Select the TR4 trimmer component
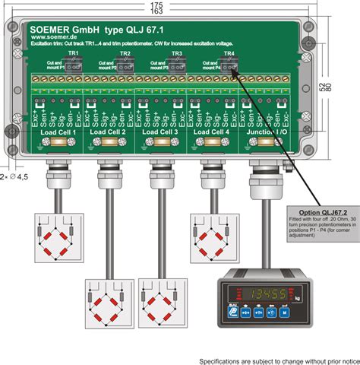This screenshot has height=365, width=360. pos(229,65)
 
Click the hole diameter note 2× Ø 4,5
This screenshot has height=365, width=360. pos(14,176)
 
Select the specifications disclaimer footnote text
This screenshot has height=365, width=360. pos(279,360)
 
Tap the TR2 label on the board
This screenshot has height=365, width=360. pos(126,54)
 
